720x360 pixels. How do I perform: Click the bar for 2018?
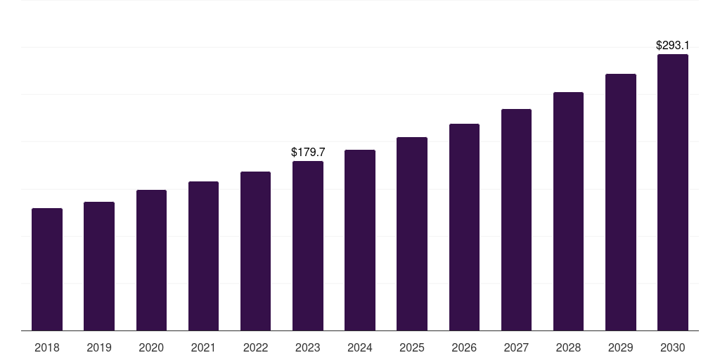(47, 269)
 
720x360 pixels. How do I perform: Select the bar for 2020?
(151, 260)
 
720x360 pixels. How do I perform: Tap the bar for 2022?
(255, 251)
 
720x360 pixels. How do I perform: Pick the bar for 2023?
(308, 246)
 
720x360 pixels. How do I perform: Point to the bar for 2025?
(412, 234)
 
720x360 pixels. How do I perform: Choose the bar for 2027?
(516, 220)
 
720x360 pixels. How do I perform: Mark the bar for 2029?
(620, 202)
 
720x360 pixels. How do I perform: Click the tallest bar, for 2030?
(672, 193)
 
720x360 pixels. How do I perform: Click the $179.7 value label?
(308, 152)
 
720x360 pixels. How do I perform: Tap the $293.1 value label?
(672, 45)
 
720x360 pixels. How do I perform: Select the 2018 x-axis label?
(47, 347)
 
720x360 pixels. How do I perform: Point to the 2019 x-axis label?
(99, 347)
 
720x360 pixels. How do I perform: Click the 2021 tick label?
(203, 347)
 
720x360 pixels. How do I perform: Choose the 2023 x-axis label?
(308, 347)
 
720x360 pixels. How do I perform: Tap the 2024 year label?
(360, 347)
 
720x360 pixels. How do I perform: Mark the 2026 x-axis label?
(464, 347)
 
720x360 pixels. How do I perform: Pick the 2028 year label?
(568, 347)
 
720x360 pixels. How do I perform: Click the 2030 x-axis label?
(672, 347)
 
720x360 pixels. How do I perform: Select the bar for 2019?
(99, 266)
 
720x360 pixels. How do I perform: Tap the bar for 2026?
(464, 227)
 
